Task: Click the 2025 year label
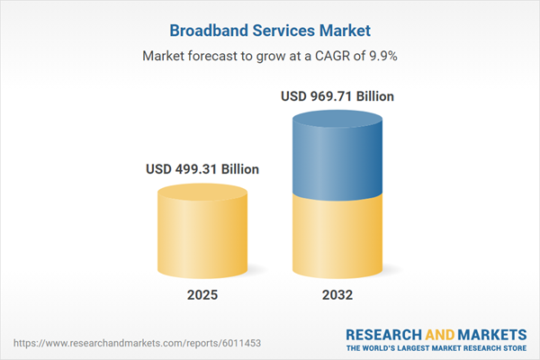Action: [x=202, y=294]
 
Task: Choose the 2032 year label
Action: [x=337, y=294]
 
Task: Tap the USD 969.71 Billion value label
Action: [x=337, y=95]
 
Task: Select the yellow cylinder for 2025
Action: [x=202, y=238]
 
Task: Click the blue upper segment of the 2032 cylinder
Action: [x=337, y=157]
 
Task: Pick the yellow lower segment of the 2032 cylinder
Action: [x=337, y=238]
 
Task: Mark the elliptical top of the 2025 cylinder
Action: [x=202, y=193]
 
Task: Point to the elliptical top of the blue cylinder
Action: [x=337, y=120]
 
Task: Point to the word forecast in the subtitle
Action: [x=215, y=56]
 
